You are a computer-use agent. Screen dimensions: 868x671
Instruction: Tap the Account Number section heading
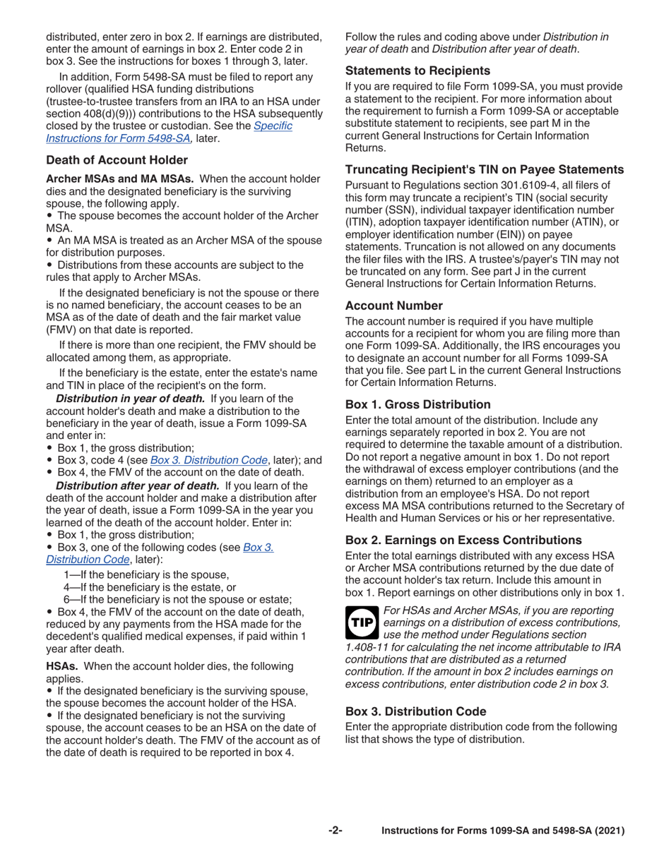(393, 306)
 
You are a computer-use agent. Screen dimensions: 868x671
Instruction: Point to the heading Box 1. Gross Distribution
(417, 405)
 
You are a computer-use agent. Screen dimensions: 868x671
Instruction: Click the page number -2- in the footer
(335, 831)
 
